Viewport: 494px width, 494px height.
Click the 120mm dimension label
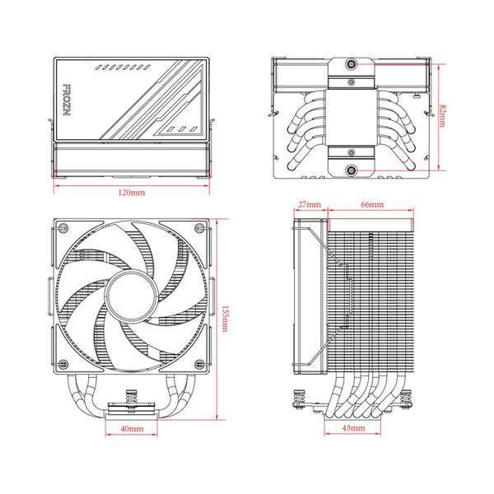click(132, 192)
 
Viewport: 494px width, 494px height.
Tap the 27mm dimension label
click(309, 203)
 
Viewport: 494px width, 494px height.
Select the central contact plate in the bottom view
click(352, 118)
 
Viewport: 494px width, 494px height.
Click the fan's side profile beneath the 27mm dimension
click(310, 296)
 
